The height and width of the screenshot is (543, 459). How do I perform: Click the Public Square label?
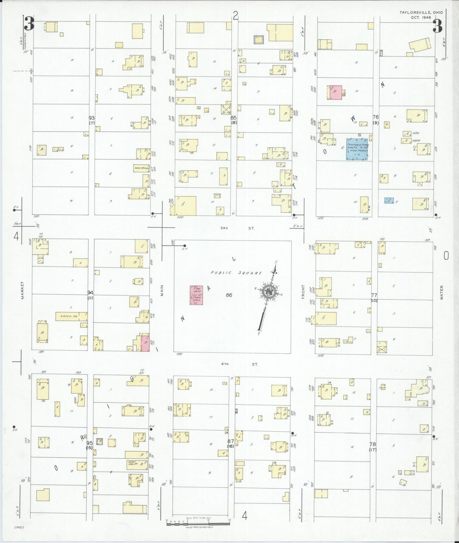point(237,273)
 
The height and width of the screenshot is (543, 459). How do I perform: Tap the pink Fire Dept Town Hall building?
point(196,295)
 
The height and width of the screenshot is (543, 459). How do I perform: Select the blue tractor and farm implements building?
point(357,149)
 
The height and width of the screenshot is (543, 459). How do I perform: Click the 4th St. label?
point(239,364)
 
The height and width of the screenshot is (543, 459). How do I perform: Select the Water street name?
point(442,292)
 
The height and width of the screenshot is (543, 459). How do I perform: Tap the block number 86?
point(229,295)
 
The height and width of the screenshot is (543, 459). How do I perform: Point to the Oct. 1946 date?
point(421,17)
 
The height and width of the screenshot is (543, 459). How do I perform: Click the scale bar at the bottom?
point(198,522)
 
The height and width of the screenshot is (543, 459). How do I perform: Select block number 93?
point(92,118)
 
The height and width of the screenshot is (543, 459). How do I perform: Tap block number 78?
point(373,444)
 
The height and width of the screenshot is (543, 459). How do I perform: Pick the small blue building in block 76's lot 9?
point(389,200)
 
